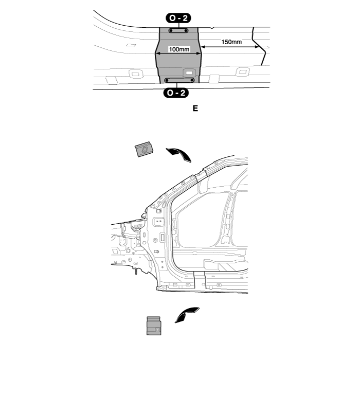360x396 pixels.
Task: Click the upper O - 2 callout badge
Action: tap(178, 18)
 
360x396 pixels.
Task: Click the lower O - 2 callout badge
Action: tap(176, 93)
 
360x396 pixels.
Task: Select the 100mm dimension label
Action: tap(179, 49)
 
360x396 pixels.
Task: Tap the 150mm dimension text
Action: tap(231, 42)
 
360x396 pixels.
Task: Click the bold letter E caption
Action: tap(195, 109)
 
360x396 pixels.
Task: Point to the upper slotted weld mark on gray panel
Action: tap(178, 30)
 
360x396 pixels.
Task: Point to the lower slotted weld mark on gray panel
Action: tap(179, 80)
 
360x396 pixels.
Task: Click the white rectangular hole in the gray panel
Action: tap(189, 73)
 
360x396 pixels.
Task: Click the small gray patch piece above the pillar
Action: tap(145, 149)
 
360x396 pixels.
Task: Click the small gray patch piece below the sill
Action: tap(154, 326)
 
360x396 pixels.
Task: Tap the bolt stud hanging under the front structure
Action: tap(136, 271)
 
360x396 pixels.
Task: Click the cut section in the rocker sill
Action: tap(200, 280)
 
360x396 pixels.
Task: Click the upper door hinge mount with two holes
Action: tap(158, 221)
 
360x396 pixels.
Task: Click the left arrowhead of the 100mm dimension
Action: tap(157, 53)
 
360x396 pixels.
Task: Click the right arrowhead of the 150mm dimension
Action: tap(258, 47)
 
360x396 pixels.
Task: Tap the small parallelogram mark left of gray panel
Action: tap(131, 45)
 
